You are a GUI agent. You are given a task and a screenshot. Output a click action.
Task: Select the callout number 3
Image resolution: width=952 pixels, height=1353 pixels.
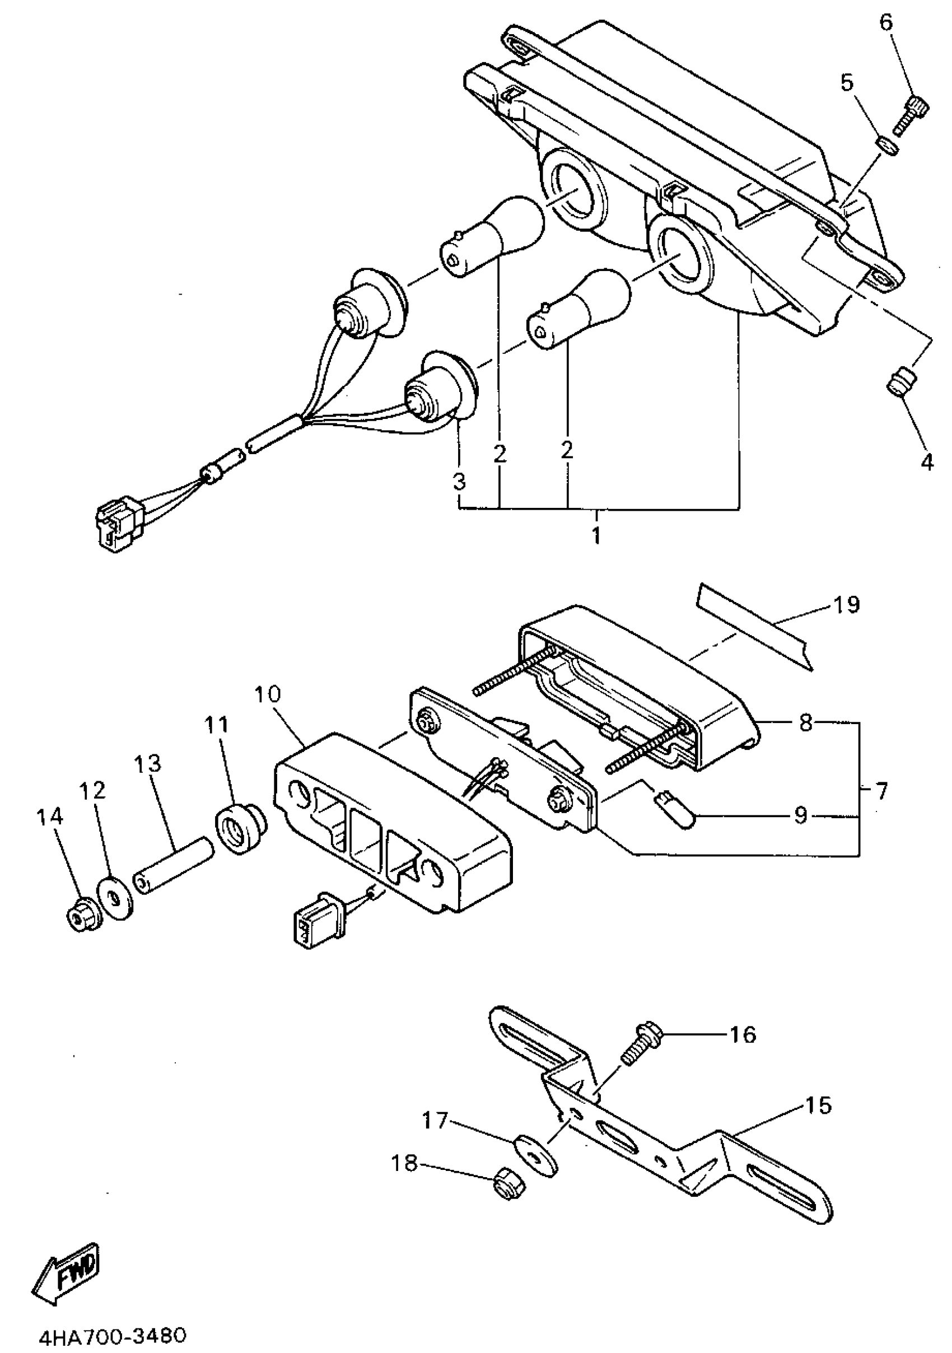(459, 481)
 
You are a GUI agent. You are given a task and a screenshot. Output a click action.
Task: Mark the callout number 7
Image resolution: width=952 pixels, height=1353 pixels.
(881, 791)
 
